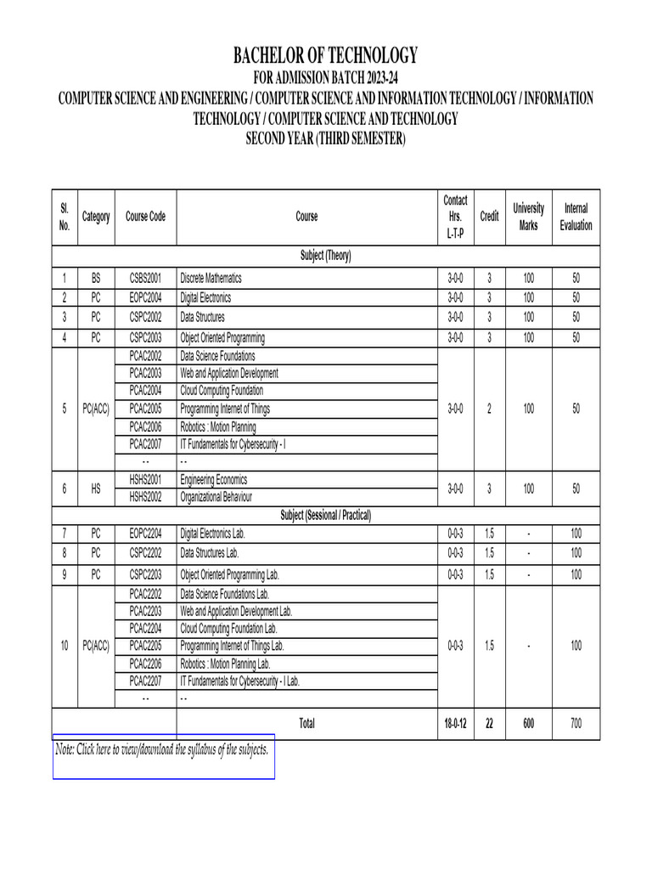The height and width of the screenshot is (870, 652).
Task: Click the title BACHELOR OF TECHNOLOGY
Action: (326, 56)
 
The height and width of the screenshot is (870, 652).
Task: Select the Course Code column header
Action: (145, 217)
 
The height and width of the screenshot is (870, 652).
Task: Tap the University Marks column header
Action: (528, 217)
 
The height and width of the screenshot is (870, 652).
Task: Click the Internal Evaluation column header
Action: (576, 217)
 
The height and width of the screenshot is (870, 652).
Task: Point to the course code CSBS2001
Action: (145, 278)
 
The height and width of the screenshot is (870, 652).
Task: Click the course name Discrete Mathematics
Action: (211, 278)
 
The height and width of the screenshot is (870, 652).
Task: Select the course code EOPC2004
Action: (145, 297)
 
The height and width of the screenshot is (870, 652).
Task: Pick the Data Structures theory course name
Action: (203, 317)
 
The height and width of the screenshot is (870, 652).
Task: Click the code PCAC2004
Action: (145, 390)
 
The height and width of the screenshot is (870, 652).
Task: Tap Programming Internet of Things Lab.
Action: (233, 646)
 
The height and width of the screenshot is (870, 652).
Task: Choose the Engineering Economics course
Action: (214, 479)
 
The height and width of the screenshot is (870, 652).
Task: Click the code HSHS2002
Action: (145, 496)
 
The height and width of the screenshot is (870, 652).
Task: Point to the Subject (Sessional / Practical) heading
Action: (326, 515)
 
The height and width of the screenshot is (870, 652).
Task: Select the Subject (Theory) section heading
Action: (326, 256)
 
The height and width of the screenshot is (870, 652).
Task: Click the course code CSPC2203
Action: (145, 574)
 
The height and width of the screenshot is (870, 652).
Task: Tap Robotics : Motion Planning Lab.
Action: (226, 663)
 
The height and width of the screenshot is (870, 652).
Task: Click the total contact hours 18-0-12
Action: (455, 723)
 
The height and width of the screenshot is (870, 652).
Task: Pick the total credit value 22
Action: (489, 723)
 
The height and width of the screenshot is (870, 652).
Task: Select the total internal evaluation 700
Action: (576, 723)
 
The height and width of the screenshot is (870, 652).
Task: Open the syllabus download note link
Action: (162, 749)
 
